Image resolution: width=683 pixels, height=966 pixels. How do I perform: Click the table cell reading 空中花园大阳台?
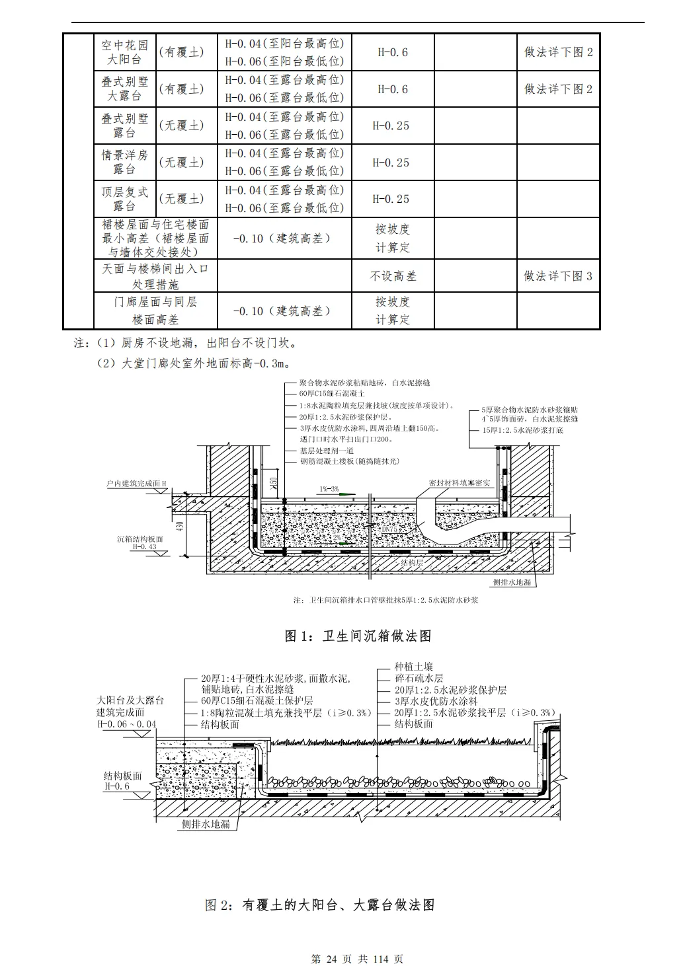124,52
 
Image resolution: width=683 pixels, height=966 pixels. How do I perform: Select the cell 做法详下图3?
558,276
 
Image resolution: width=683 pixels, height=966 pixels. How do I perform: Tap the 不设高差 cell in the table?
393,276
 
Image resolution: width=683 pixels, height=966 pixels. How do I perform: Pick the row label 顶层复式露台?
124,199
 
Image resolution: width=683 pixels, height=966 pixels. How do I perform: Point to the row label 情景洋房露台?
124,163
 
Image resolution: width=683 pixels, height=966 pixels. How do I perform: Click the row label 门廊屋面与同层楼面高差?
155,311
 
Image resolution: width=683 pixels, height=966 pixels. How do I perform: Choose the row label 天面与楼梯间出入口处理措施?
155,276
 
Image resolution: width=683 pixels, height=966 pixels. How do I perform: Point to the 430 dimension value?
180,527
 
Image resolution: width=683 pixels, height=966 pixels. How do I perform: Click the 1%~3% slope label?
329,489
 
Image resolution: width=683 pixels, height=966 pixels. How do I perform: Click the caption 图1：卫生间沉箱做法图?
358,636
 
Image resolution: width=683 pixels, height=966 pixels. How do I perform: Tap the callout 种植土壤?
414,667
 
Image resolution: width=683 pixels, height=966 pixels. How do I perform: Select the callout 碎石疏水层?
419,679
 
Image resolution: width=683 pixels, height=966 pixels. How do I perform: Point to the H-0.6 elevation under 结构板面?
116,786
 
